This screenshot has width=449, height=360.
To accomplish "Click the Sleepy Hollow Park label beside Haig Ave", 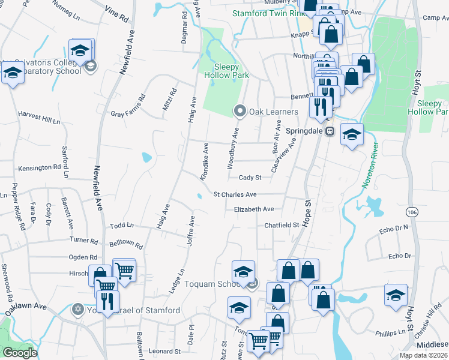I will [227, 71].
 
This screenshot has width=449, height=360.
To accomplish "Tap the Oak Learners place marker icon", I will [239, 111].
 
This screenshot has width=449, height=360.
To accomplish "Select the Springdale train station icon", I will [329, 131].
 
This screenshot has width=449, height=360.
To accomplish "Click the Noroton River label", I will [370, 166].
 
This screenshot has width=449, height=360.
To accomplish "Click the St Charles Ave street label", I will [235, 194].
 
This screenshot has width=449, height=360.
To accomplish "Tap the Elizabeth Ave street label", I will [253, 209].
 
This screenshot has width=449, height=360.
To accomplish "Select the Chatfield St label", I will [282, 225].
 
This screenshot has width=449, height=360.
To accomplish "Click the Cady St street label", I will [250, 178].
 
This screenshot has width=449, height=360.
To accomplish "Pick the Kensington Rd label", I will [40, 167].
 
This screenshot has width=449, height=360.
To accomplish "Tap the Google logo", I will [20, 353].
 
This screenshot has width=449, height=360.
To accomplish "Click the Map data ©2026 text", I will [423, 355].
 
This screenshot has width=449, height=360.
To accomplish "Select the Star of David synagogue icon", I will [77, 310].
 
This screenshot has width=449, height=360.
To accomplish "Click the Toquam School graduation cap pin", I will [244, 271].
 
